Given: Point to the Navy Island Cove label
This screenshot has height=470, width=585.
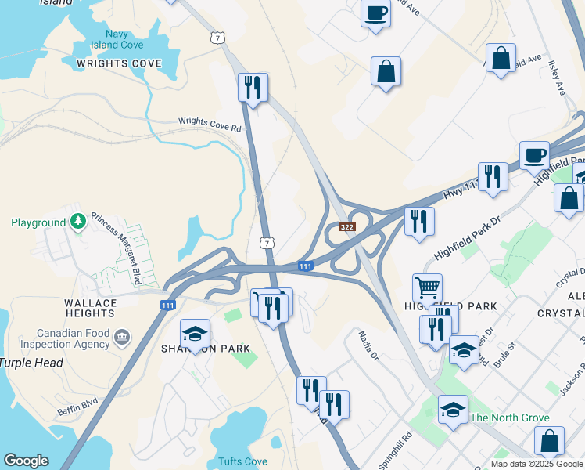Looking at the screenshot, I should [117, 39].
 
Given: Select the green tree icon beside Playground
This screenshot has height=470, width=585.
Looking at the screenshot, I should [77, 222].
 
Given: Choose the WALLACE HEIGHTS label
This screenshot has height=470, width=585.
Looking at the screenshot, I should [101, 308].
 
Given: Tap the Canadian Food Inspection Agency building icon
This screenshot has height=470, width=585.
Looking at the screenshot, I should [122, 338].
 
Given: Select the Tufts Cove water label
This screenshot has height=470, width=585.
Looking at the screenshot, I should [242, 461].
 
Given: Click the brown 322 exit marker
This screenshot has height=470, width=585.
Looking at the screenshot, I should [348, 227].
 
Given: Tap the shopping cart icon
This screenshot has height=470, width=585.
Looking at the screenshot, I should [427, 288].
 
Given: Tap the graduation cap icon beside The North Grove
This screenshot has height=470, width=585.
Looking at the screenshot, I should [453, 410].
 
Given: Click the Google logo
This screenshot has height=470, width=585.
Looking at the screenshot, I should [26, 461].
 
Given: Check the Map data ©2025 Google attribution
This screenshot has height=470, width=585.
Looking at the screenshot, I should [537, 464].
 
